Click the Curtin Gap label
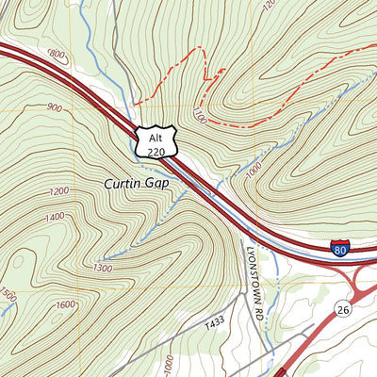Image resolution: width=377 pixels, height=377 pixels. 137,183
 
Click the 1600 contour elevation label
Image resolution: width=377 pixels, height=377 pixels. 64,303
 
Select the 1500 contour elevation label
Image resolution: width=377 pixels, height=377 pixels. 8,296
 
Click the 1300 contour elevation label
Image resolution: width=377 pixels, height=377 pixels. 102,269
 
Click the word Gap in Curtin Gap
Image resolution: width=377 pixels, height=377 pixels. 156,183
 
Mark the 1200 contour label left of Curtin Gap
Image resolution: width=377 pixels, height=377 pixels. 59,192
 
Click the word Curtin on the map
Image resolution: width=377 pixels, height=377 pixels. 123,183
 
